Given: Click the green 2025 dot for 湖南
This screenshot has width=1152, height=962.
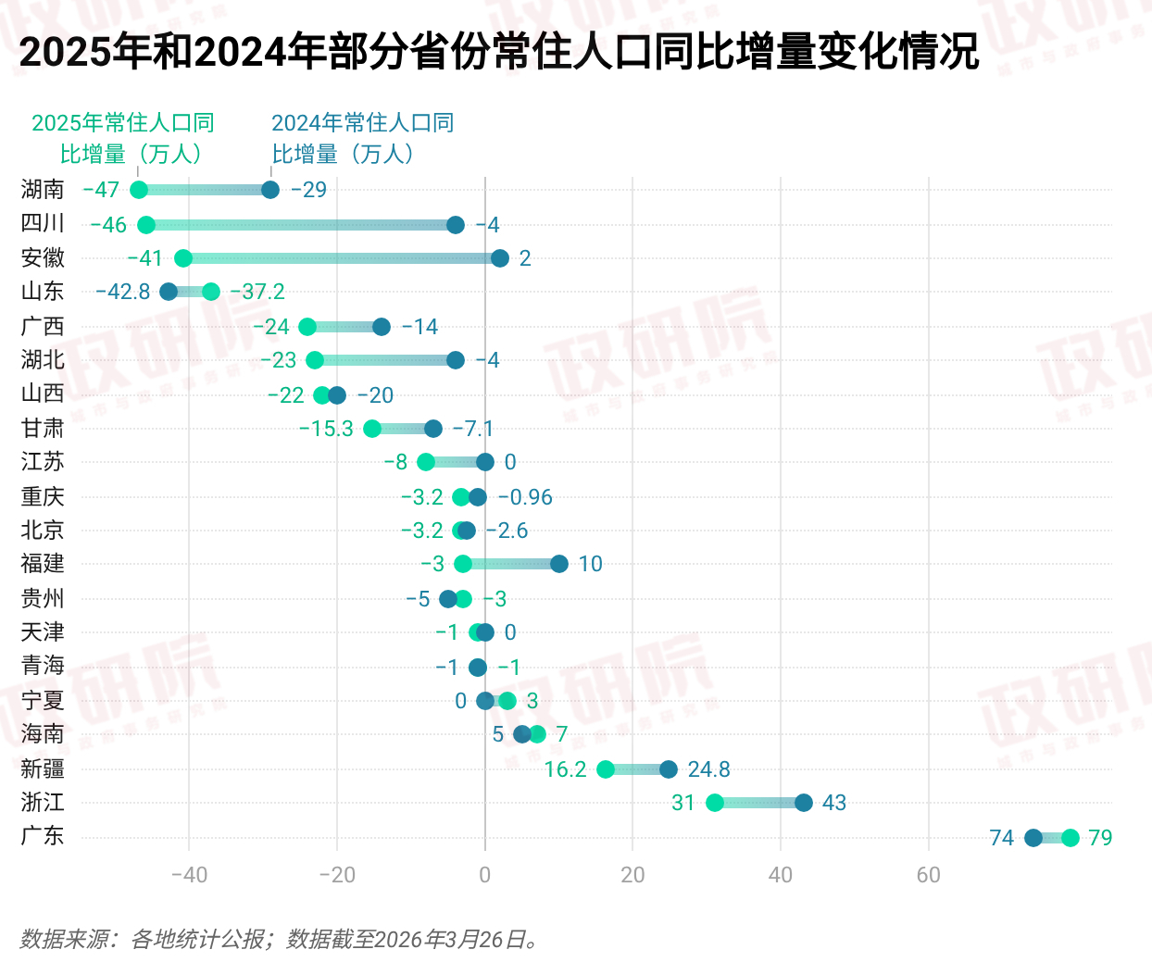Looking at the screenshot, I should coord(139,190).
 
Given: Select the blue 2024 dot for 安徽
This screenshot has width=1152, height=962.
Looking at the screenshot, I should coord(500,258).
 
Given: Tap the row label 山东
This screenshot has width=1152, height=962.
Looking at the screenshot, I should coord(43,292).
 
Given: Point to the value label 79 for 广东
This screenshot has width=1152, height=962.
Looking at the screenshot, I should coord(1100,838).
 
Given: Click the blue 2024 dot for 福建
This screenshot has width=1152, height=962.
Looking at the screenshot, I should coord(559,564).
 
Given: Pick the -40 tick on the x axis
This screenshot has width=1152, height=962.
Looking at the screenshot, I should coord(189,875).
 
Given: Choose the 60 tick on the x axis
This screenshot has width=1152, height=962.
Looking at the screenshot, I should coord(928,875).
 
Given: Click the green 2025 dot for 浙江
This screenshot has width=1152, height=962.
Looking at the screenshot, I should coord(715,803).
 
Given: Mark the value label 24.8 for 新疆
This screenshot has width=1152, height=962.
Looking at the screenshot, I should coord(708,769).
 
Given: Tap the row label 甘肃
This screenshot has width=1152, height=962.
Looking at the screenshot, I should coord(43,428).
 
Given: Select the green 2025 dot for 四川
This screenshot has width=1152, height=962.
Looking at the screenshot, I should coord(146,225).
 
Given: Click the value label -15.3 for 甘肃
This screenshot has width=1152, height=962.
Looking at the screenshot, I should coord(326,429).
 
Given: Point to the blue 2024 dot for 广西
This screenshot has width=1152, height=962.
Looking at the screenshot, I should coord(382,327).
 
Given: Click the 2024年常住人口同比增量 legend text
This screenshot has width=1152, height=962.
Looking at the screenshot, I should coord(362,138).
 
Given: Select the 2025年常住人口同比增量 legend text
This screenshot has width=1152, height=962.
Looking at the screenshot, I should coord(123,138).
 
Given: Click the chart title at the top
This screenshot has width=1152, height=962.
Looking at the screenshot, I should coord(498,52).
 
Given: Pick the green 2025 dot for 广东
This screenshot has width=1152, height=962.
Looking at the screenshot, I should coord(1071,838).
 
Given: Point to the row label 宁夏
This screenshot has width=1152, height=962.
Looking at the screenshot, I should coord(43,700).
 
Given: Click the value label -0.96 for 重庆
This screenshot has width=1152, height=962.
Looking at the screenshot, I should coord(525,497).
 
